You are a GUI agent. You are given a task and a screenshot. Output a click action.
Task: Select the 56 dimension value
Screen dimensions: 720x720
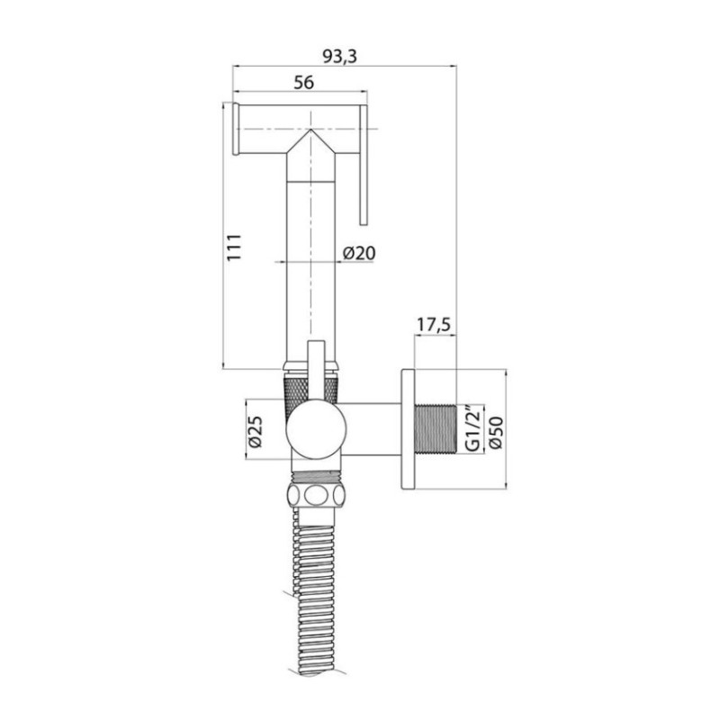click(x=302, y=82)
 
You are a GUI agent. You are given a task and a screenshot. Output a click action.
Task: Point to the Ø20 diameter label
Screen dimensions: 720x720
click(x=359, y=254)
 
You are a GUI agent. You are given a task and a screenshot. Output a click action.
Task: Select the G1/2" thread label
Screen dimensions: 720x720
click(x=468, y=429)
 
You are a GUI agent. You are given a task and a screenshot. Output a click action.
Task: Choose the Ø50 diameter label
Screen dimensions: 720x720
click(x=490, y=429)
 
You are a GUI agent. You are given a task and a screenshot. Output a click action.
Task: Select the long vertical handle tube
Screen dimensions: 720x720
click(x=311, y=261)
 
